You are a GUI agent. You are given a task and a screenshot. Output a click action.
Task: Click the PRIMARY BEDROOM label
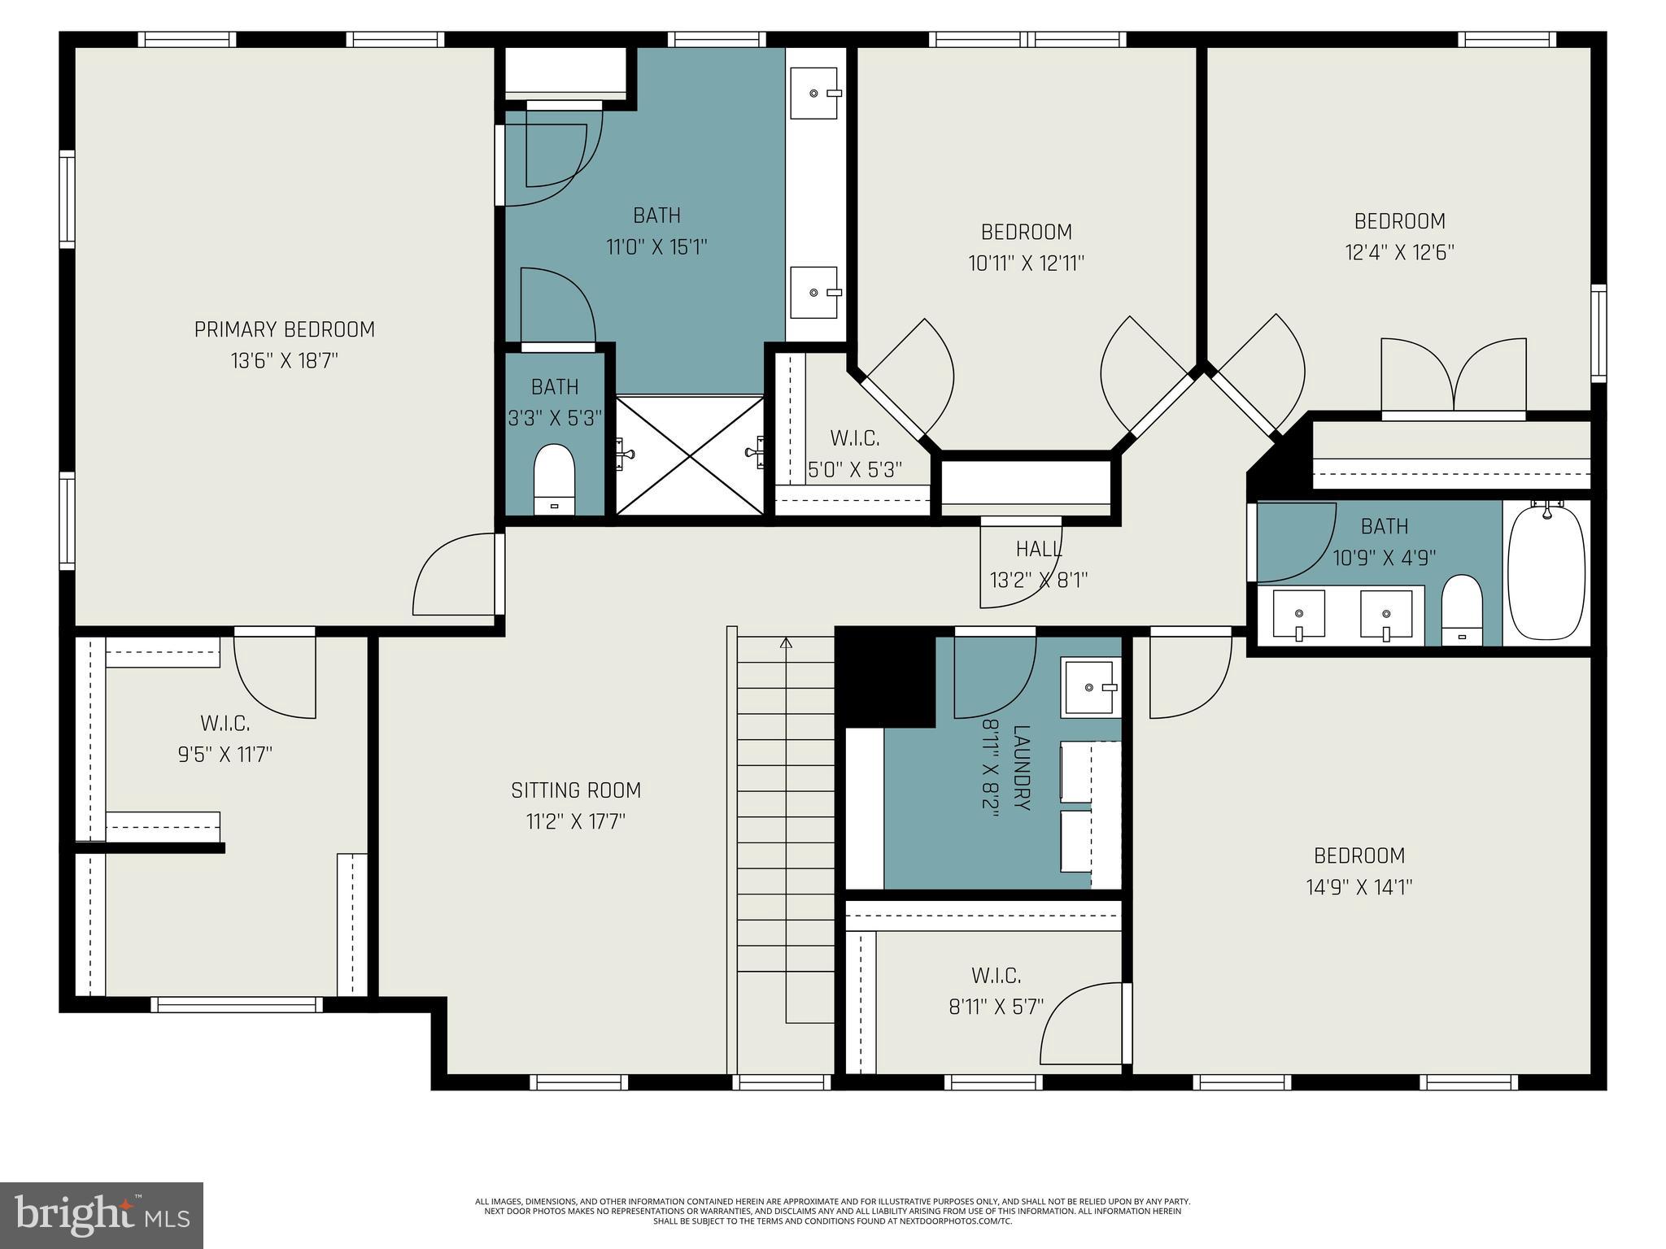coord(284,329)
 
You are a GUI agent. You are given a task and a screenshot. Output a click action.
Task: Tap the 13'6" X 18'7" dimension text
coord(284,361)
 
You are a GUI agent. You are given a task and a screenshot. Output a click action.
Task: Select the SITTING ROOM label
coord(576,790)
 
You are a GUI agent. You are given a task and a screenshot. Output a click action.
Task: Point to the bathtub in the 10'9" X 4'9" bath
coord(1546,573)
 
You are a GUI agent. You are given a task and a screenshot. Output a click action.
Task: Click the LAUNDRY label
coord(1023,768)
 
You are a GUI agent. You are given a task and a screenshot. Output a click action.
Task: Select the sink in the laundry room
coord(1090,688)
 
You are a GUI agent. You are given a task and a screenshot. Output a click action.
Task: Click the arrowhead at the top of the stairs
coord(786,643)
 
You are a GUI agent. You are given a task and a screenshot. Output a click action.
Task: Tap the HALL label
coord(1039,550)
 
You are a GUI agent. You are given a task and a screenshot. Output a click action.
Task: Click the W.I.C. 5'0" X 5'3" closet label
coord(854,439)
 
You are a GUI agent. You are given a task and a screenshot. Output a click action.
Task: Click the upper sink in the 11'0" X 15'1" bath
coord(814,93)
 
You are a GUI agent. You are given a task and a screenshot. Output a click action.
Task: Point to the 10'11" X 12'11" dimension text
coord(1026,263)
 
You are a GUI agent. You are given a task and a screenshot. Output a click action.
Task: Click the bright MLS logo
coord(102,1215)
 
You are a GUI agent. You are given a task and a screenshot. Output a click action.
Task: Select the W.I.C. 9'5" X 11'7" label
coord(225,723)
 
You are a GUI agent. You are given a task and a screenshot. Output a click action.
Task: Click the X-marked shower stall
coord(690,455)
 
